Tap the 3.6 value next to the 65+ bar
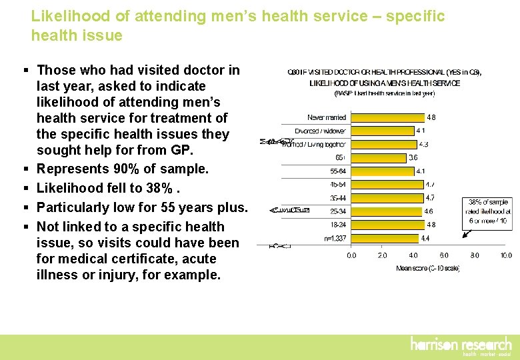(x=413, y=158)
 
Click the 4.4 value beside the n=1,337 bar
(x=425, y=238)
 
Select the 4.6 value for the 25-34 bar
(x=428, y=211)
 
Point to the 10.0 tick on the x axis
(x=506, y=255)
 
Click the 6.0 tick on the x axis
(x=444, y=255)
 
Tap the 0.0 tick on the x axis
(x=351, y=255)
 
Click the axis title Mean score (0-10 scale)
(x=427, y=268)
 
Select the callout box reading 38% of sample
(x=487, y=212)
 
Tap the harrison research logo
(x=461, y=346)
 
